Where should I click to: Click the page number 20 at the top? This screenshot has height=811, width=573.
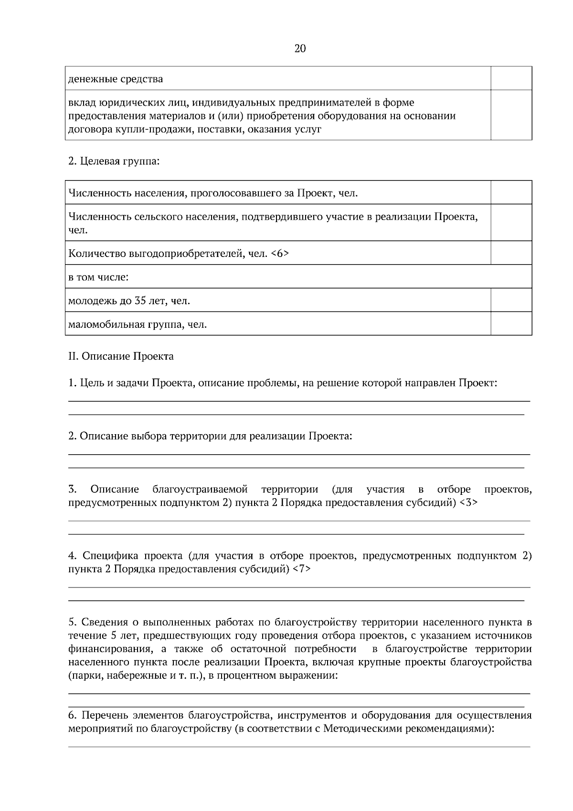coord(300,49)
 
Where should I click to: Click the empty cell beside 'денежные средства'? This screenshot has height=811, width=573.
coord(511,78)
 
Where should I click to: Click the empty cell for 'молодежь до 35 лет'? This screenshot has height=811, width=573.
coord(511,300)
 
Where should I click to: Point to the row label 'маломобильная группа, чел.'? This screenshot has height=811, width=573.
coord(138,325)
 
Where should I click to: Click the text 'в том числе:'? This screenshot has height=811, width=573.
coord(99,277)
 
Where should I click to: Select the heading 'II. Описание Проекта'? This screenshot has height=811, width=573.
coord(121,356)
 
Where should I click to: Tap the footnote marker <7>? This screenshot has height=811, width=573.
coord(301,569)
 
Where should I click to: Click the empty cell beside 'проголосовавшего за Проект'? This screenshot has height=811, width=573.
coord(511,192)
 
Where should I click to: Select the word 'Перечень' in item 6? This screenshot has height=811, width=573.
coord(109,715)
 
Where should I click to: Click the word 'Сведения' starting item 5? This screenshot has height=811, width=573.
coord(104,622)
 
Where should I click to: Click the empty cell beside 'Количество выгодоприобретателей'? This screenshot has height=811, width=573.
coord(511,253)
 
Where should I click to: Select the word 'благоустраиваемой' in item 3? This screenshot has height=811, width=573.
coord(200,490)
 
